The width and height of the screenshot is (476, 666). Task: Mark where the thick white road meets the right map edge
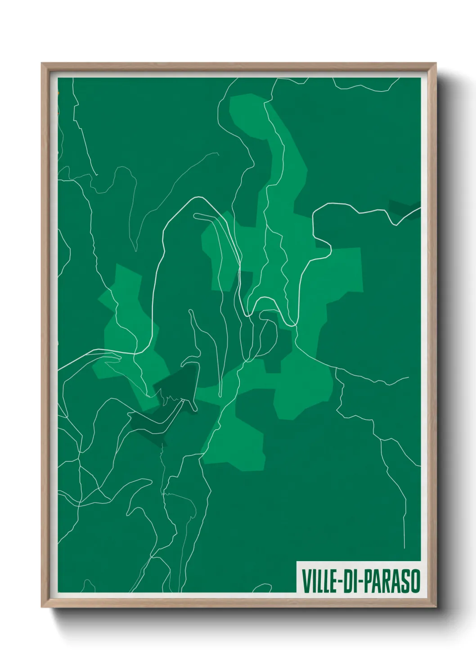tap(420, 208)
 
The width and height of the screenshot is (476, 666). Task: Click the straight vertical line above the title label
tap(404, 526)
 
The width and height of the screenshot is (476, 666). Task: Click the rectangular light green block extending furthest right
tap(346, 270)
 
